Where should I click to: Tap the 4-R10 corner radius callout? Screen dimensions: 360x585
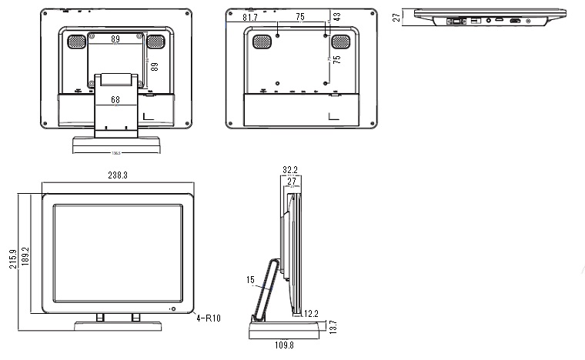[x=209, y=317]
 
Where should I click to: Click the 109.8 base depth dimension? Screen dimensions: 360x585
[x=283, y=345]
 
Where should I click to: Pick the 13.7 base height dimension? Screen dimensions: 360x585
[x=333, y=326]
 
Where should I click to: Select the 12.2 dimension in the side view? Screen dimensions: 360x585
[x=311, y=313]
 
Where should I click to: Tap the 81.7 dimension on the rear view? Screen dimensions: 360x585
[x=250, y=17]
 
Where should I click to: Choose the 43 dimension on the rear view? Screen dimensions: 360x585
[x=336, y=15]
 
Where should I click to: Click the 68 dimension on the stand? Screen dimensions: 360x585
[x=115, y=99]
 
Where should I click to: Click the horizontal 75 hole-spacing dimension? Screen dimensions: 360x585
[x=300, y=17]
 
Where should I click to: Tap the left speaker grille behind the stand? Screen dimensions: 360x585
[x=75, y=43]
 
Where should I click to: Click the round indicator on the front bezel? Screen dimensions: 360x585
[x=172, y=309]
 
